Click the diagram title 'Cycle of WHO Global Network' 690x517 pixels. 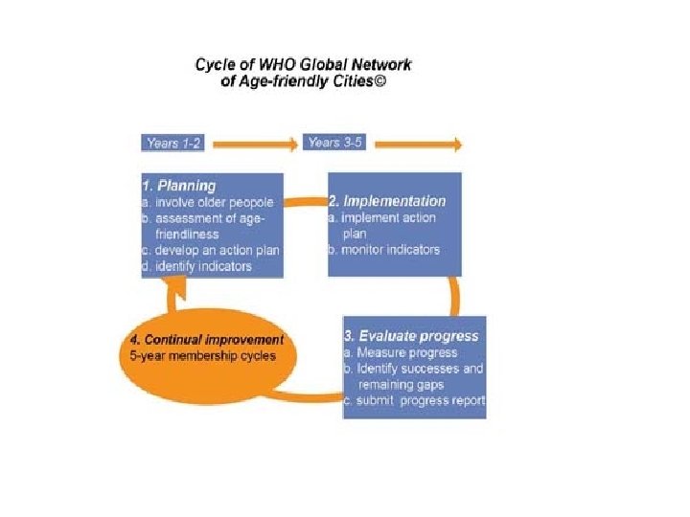pyautogui.click(x=303, y=64)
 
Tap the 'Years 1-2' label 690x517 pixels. pyautogui.click(x=174, y=144)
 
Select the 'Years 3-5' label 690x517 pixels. pyautogui.click(x=335, y=144)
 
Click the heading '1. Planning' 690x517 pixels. pyautogui.click(x=178, y=186)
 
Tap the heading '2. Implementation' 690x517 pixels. pyautogui.click(x=387, y=201)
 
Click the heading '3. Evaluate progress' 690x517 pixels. pyautogui.click(x=411, y=336)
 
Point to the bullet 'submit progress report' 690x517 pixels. pyautogui.click(x=415, y=400)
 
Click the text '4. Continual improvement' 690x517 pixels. pyautogui.click(x=207, y=340)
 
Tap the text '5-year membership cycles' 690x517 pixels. pyautogui.click(x=203, y=356)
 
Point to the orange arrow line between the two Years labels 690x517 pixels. pyautogui.click(x=254, y=145)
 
